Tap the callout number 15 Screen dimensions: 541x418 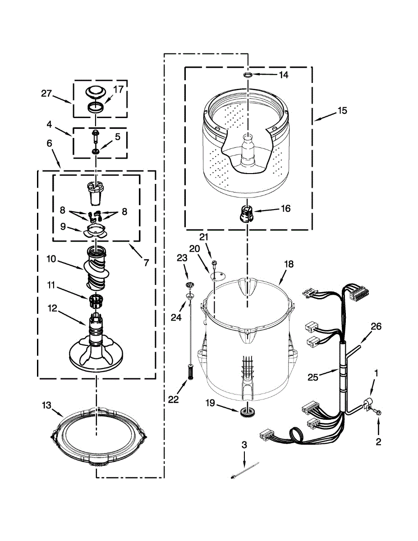[x=342, y=110]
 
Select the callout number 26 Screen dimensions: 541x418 [x=376, y=327]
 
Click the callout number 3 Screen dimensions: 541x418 [x=244, y=445]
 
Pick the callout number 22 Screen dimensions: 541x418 [x=174, y=399]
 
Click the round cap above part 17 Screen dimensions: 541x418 [x=96, y=92]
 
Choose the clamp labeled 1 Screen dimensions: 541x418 [x=367, y=403]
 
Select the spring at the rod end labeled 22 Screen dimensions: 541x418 [x=189, y=372]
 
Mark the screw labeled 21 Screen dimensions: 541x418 [x=215, y=262]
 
